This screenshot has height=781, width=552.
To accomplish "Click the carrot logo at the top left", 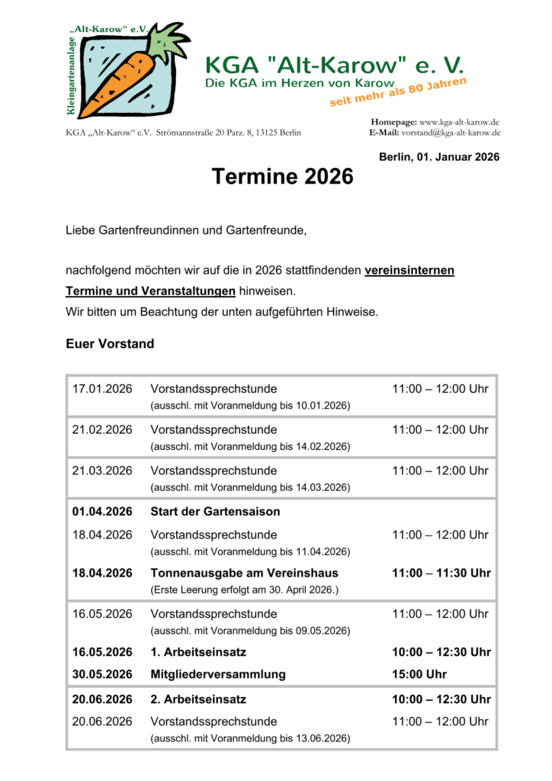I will pos(130,70).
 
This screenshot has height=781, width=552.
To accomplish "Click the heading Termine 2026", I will pos(283,177).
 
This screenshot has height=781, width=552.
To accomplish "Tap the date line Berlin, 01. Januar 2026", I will pos(438,157).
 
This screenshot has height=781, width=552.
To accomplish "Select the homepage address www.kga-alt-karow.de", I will pos(459,122).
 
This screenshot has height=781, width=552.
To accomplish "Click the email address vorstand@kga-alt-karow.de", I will pos(451,133).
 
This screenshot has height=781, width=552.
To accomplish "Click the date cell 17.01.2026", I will pos(102,389).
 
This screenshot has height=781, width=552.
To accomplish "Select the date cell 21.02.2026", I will pos(102,429).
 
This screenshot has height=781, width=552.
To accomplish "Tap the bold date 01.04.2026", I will pos(102,511).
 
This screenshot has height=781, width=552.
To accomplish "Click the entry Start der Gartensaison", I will pos(215,511).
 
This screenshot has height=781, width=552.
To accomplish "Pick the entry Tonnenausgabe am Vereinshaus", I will pos(244,573).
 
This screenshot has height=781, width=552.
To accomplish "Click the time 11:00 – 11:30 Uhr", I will pos(441,573).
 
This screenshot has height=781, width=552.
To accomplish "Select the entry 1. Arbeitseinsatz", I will pos(198,652).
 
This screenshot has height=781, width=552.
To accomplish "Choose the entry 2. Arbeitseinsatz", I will pos(198,699).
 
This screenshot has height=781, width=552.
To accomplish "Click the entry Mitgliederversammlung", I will pos(218,674).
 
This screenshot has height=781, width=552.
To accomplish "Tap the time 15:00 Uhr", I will pos(419,674).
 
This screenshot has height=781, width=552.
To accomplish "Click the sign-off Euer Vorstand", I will pos(110,344).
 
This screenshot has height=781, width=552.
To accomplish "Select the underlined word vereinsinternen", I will pos(409,271).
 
